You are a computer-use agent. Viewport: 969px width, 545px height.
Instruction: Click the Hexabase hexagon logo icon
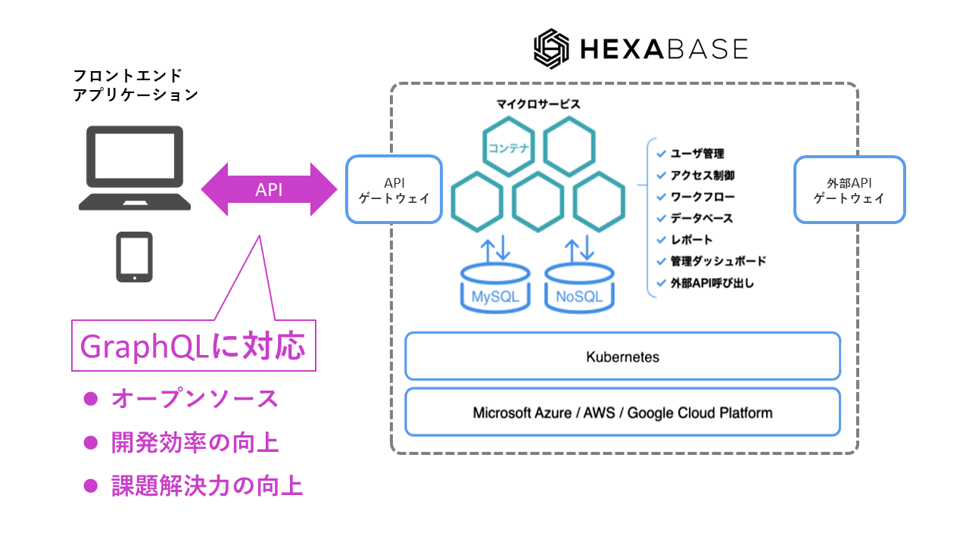[550, 49]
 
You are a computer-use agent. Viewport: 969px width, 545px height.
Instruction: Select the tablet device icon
[134, 257]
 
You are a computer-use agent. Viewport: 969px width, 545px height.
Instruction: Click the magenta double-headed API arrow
[269, 190]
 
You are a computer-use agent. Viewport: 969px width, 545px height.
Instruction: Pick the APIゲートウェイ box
[394, 190]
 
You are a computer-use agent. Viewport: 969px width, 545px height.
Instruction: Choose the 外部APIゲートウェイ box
[849, 190]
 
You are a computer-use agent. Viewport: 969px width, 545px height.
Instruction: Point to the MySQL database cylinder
[495, 288]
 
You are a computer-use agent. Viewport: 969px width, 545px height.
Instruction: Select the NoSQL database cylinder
[579, 288]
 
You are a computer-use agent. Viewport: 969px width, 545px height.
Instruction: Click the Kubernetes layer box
[622, 357]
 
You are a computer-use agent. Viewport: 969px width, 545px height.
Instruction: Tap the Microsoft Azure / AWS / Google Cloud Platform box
[622, 413]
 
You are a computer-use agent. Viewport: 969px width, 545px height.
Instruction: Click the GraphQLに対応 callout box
[193, 347]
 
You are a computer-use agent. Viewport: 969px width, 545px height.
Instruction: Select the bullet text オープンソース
[195, 399]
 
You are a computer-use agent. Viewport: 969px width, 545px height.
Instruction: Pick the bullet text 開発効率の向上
[195, 443]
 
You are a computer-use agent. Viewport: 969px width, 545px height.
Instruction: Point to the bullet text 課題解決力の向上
[207, 487]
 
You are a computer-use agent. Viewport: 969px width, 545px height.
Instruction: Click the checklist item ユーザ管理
[696, 154]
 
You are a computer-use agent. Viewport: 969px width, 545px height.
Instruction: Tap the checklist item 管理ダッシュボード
[718, 261]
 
